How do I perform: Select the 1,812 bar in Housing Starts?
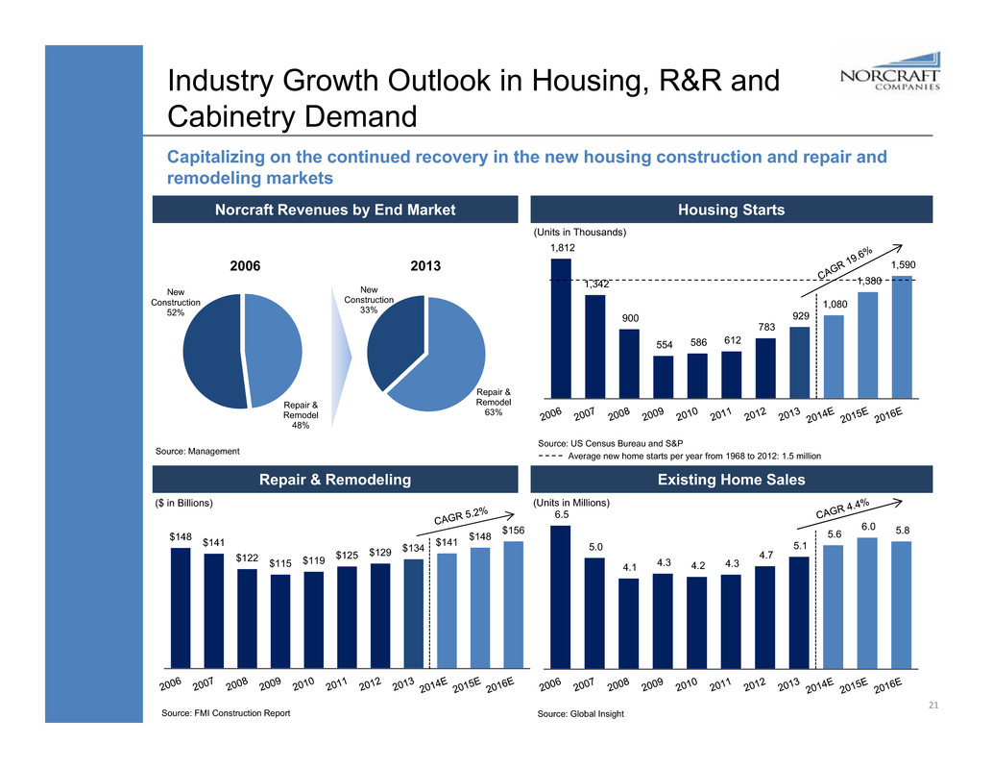561,328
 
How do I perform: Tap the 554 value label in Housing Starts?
629,345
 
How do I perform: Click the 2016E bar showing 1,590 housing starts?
903,336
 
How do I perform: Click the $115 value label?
280,562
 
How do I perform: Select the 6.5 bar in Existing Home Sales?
561,596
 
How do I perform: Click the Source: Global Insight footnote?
581,715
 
